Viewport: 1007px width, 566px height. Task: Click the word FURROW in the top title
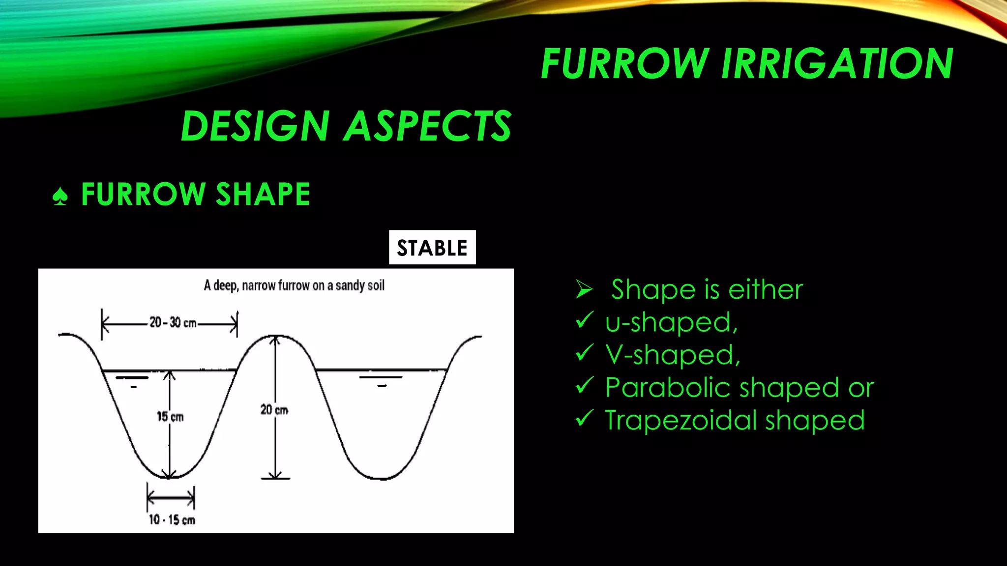624,64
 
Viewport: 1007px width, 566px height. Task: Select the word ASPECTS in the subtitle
428,126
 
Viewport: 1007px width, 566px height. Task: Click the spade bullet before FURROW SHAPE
60,196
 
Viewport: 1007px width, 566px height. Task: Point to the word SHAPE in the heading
263,194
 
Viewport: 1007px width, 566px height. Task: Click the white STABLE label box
432,248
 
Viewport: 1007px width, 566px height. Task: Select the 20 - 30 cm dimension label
173,323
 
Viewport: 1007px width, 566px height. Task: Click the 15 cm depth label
170,417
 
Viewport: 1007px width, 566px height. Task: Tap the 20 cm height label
274,409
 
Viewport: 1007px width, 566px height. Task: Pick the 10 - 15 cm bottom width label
172,520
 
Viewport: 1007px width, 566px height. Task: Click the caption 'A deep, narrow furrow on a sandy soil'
294,285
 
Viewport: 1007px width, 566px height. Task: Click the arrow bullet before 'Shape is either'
584,289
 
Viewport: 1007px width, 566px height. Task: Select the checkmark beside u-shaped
584,320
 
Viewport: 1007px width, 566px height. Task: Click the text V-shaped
672,355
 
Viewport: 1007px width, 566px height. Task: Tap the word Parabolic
669,388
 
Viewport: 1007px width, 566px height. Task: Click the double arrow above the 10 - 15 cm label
171,498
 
